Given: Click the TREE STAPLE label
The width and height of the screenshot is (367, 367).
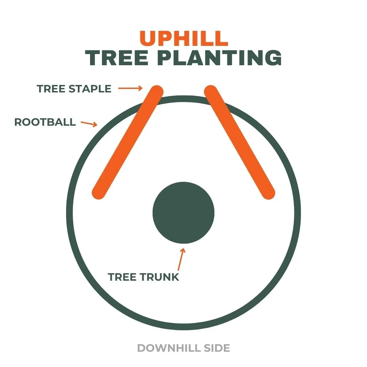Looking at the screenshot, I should click(x=74, y=89).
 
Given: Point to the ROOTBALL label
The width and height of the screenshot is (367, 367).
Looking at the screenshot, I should click(x=45, y=122).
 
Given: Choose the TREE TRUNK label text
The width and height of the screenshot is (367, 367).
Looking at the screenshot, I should click(x=143, y=277).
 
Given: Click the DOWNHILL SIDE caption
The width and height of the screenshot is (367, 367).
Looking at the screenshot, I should click(x=183, y=348).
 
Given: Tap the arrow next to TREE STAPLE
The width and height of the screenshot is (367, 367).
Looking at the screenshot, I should click(x=130, y=89).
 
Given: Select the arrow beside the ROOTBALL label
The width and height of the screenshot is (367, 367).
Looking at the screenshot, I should click(x=89, y=123).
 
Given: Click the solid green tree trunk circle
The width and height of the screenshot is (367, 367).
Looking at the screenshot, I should click(x=183, y=212).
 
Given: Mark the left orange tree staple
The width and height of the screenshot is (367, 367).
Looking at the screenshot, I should click(x=128, y=142).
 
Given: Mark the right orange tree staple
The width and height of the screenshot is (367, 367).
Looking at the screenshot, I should click(x=240, y=142).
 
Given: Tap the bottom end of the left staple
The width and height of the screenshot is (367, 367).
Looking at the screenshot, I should click(x=99, y=193).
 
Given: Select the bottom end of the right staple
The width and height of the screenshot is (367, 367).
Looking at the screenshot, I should click(x=268, y=193).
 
